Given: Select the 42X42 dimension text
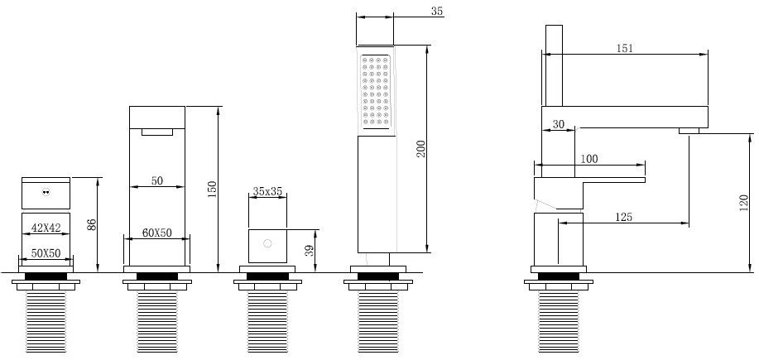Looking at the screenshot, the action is pos(46,228).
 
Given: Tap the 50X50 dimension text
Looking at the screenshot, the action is pos(46,253).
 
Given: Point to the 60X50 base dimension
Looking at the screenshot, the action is pos(156,233).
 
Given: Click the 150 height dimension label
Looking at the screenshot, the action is pos(213,190).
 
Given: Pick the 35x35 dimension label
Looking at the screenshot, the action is pos(267,191).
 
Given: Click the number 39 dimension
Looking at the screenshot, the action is pos(310,250).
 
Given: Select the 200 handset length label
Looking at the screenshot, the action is pos(420,148).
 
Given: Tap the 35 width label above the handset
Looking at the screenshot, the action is pos(437,11).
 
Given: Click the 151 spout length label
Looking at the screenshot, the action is pos(624,48).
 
